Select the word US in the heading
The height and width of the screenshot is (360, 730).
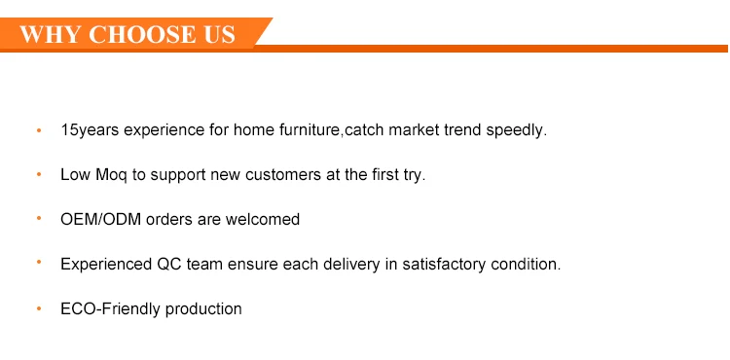[x=219, y=34]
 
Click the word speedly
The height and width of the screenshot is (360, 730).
[x=516, y=130]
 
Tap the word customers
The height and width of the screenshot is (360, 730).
[x=283, y=175]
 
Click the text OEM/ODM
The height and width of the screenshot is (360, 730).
[x=100, y=219]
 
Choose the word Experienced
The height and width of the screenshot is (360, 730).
[x=106, y=265]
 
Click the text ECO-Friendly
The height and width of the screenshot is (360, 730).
[x=111, y=308]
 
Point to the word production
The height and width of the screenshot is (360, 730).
[x=203, y=309]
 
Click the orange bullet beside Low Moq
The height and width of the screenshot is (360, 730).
[x=39, y=174]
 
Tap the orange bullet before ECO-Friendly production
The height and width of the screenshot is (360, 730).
[x=39, y=307]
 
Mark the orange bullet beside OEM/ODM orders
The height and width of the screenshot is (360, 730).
[x=39, y=218]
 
